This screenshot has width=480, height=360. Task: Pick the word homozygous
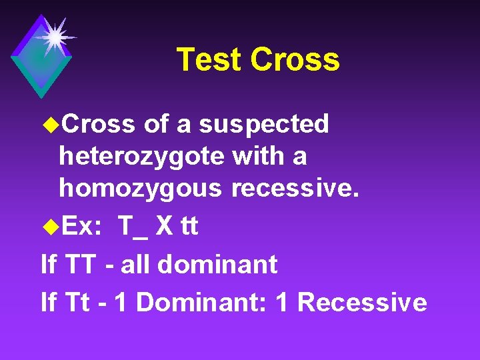tap(140, 189)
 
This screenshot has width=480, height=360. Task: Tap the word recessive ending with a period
tap(295, 189)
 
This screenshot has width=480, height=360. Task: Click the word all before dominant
tap(139, 265)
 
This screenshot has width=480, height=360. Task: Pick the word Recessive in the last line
tap(362, 302)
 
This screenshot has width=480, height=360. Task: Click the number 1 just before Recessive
tap(282, 302)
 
